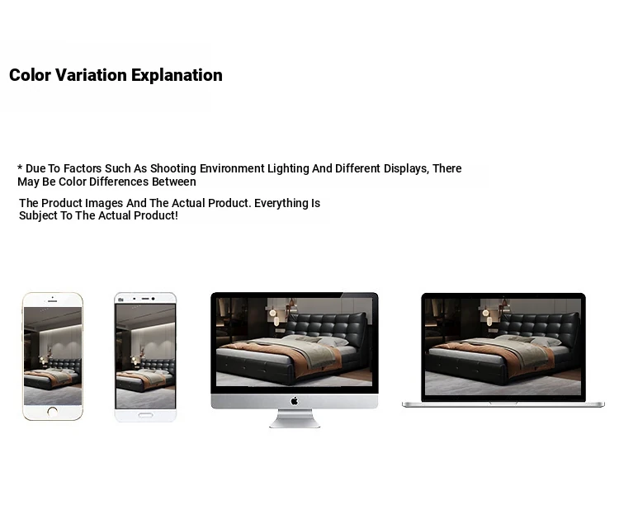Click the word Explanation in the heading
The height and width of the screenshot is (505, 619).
pos(177,75)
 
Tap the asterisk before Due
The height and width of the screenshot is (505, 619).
pos(20,168)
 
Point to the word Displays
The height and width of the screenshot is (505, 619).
pos(406,168)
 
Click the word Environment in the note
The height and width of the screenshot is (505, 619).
pos(232,168)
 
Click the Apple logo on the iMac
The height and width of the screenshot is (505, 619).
pos(295,401)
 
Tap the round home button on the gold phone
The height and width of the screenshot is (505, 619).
pos(53,412)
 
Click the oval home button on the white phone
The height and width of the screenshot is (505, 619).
pos(145,415)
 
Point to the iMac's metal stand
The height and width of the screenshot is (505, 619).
pos(295,418)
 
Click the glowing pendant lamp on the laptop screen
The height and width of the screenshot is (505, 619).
pos(485,313)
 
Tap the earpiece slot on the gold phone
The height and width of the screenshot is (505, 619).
pos(53,301)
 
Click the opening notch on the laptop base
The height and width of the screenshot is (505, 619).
pos(503,403)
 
